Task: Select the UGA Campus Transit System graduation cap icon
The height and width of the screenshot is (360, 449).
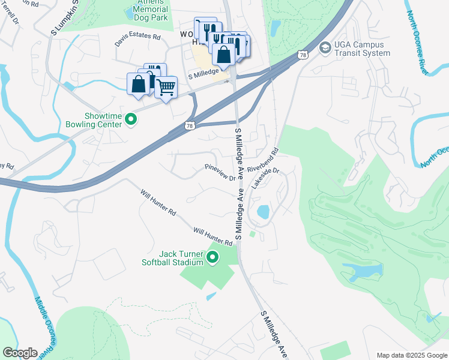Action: pos(325,47)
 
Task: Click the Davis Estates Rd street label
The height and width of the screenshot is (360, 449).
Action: pos(138,40)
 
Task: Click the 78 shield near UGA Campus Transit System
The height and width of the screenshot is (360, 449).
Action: pos(304,56)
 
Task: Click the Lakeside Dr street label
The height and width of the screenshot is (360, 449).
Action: pos(265,178)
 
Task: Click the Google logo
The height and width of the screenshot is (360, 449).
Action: pos(20,353)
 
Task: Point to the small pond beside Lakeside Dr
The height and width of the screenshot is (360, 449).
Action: pos(263,212)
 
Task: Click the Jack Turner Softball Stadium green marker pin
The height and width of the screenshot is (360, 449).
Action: pos(212,258)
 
